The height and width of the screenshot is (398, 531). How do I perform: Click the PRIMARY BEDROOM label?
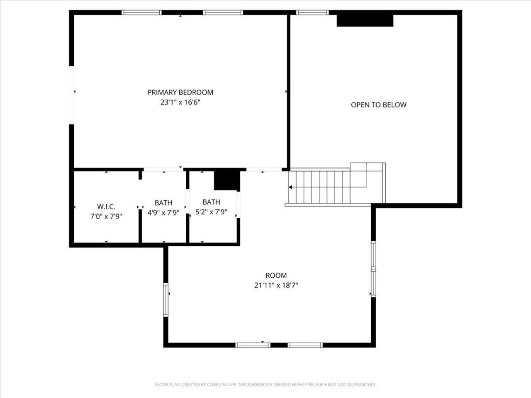tap(180, 92)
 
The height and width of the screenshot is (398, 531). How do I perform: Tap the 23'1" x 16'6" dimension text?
tap(180, 102)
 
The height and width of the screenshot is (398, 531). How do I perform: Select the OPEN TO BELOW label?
tap(378, 105)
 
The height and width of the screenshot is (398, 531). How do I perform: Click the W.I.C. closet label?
tap(106, 206)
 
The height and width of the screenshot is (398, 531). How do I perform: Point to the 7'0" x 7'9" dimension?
tap(106, 216)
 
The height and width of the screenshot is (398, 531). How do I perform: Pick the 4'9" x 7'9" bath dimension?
tap(163, 213)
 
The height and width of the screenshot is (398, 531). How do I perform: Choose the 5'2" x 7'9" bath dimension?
tap(211, 212)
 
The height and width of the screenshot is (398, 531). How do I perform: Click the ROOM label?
tap(276, 275)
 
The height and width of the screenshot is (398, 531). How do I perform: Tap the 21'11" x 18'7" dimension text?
tap(276, 285)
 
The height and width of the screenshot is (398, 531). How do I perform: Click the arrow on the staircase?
tap(290, 187)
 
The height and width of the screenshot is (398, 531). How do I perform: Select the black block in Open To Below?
tap(365, 21)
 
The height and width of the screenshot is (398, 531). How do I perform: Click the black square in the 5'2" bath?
tap(227, 180)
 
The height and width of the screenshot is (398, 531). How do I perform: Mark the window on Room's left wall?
tap(166, 300)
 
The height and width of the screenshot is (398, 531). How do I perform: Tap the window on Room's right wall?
tap(373, 269)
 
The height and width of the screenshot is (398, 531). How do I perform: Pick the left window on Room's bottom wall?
tap(253, 345)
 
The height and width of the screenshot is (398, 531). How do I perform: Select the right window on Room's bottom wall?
tap(305, 345)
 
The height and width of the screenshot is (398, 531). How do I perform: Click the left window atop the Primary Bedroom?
tap(141, 12)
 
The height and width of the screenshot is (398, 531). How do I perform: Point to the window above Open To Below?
tap(312, 12)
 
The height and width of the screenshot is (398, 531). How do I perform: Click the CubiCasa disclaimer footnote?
tap(265, 385)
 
